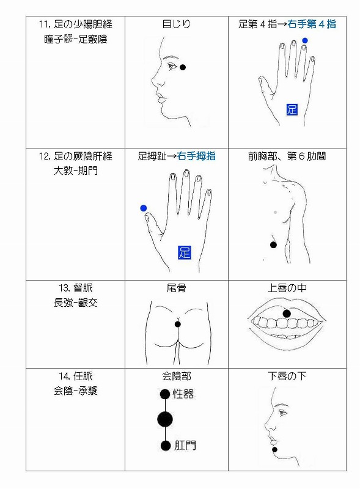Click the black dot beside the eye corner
coord(183,67)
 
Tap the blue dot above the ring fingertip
coord(304,40)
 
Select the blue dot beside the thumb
coord(144,208)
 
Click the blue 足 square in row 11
coord(292,109)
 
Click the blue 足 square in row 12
coord(185,252)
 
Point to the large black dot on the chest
coord(273,244)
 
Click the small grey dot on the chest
coord(276,211)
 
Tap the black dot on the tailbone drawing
coord(177,324)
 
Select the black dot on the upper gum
coord(286,314)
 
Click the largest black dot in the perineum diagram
coord(164,419)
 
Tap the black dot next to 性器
coord(164,394)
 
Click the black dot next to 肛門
coord(164,446)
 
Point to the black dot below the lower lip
coord(275,450)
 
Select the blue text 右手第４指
coord(313,24)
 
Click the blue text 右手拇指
coord(196,156)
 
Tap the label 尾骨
coord(176,288)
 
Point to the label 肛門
coord(185,446)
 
